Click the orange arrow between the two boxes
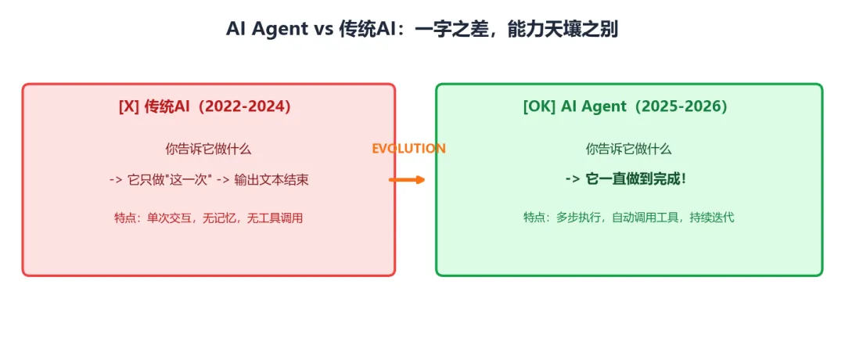[x=407, y=180]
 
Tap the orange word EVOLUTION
[x=408, y=149]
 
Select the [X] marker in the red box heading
[x=129, y=107]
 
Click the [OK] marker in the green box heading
[x=539, y=106]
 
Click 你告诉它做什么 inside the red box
[x=208, y=149]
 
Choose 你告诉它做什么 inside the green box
[x=628, y=149]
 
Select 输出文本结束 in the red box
[x=271, y=180]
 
